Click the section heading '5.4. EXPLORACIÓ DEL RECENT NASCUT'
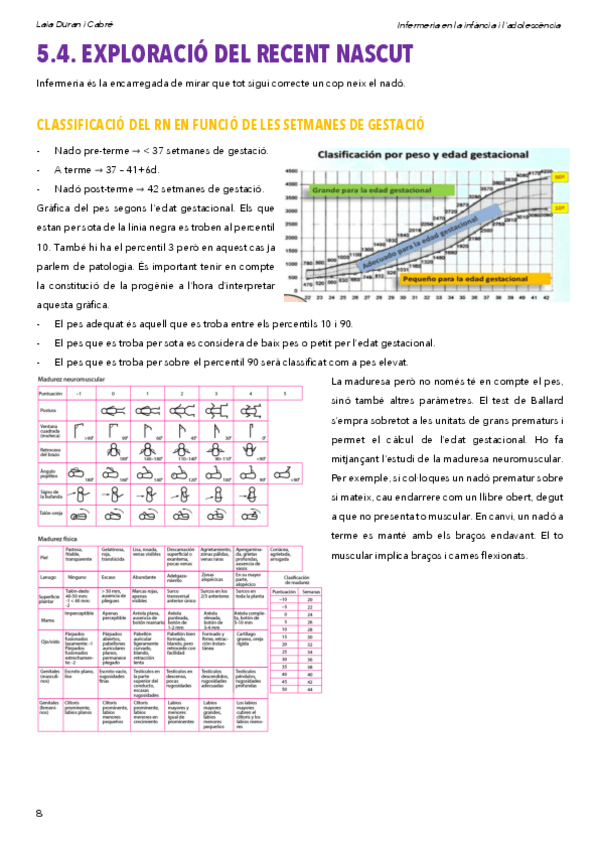click(x=224, y=53)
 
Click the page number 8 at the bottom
click(x=39, y=812)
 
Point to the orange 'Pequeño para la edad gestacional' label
click(x=470, y=279)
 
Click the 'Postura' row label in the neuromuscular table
click(x=47, y=411)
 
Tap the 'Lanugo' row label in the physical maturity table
click(x=47, y=576)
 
